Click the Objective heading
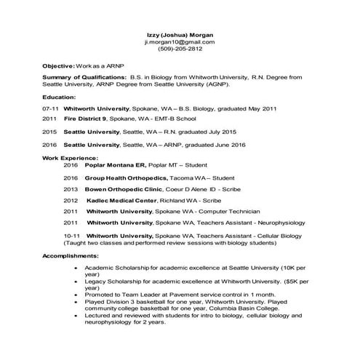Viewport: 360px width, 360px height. point(60,65)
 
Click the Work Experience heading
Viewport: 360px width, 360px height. point(70,157)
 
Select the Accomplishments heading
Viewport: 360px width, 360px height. point(72,257)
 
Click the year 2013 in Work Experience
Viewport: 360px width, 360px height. point(71,188)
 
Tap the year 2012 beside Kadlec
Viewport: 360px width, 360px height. point(71,200)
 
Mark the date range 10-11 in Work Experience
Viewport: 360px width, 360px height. point(71,236)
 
